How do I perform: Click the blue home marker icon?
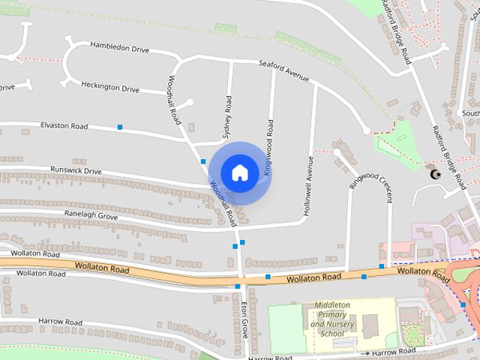[x=239, y=172]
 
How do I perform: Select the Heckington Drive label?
[x=110, y=88]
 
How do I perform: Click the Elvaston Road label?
[x=64, y=126]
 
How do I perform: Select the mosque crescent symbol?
[x=433, y=174]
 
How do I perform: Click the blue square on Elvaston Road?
[x=120, y=127]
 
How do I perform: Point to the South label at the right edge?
[x=470, y=113]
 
